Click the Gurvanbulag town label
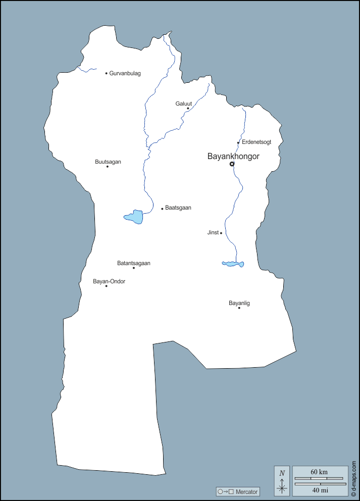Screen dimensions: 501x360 (x=125, y=73)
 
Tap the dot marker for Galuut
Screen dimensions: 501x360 (x=188, y=108)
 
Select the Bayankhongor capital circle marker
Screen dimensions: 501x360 (x=232, y=164)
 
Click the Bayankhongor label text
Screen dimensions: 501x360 (x=233, y=157)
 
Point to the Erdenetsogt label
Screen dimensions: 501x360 (x=256, y=142)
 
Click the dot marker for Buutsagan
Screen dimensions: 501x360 (x=107, y=166)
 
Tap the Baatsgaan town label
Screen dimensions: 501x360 (x=178, y=208)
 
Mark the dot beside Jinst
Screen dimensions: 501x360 (x=221, y=233)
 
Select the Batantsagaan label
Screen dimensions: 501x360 (x=134, y=263)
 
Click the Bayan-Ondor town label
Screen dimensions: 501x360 (x=109, y=281)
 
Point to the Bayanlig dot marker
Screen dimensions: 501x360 (x=239, y=308)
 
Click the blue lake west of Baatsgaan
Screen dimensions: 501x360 (x=135, y=217)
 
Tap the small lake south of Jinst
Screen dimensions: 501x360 (x=233, y=264)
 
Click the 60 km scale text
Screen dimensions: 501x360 (x=320, y=472)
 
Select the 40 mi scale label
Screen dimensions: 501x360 (x=320, y=490)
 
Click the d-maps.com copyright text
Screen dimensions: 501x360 (x=354, y=478)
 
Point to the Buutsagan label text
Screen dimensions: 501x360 (x=108, y=162)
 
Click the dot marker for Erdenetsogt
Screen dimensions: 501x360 (x=238, y=142)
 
